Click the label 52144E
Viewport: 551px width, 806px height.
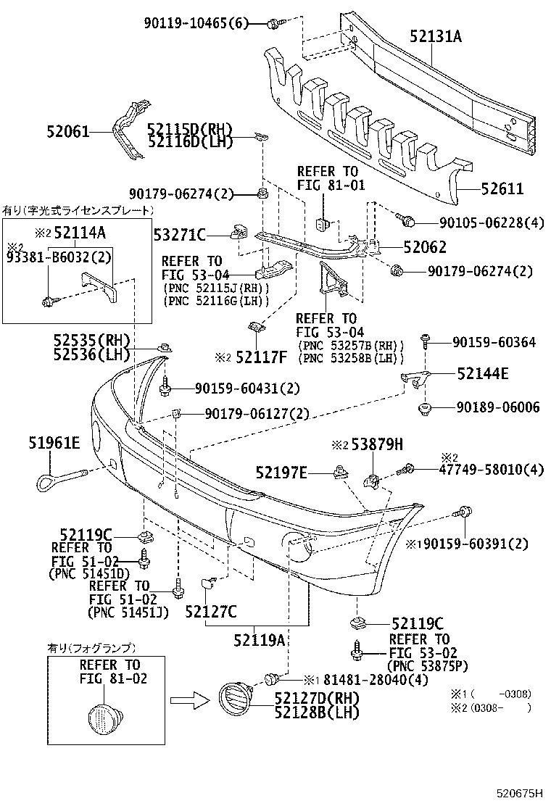coord(483,374)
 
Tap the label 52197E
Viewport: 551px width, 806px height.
coord(282,473)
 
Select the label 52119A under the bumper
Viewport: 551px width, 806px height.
coord(259,639)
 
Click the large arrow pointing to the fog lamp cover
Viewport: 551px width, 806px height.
coord(190,700)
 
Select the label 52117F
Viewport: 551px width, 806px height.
coord(261,357)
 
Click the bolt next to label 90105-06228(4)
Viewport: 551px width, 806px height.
coord(407,219)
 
